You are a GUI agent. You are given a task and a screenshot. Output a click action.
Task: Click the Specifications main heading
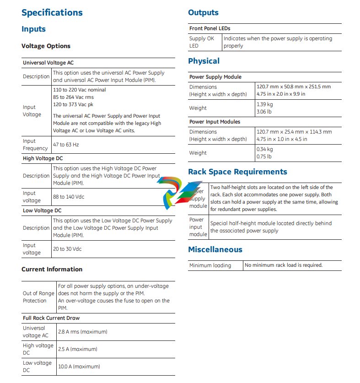pyautogui.click(x=52, y=12)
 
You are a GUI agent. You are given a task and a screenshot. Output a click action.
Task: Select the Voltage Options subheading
pyautogui.click(x=46, y=46)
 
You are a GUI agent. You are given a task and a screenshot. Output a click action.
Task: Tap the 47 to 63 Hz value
pyautogui.click(x=66, y=145)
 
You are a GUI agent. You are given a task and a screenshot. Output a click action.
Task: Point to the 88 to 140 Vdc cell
pyautogui.click(x=69, y=197)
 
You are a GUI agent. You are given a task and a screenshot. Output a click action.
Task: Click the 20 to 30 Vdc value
pyautogui.click(x=67, y=249)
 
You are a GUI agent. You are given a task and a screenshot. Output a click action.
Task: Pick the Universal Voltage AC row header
pyautogui.click(x=48, y=62)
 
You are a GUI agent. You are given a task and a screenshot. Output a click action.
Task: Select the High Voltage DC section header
pyautogui.click(x=43, y=158)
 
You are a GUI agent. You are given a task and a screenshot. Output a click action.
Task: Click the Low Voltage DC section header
pyautogui.click(x=42, y=210)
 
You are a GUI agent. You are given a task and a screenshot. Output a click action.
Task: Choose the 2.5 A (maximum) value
pyautogui.click(x=78, y=349)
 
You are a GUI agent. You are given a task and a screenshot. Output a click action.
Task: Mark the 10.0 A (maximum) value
pyautogui.click(x=79, y=367)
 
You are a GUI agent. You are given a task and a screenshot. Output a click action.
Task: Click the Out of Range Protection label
pyautogui.click(x=38, y=297)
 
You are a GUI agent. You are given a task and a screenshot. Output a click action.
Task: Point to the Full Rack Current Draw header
pyautogui.click(x=51, y=318)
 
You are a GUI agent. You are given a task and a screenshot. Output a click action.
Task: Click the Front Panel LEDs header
pyautogui.click(x=210, y=28)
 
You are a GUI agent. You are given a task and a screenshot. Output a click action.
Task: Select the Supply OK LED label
pyautogui.click(x=201, y=42)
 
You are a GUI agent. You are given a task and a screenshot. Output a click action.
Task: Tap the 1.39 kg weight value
pyautogui.click(x=265, y=105)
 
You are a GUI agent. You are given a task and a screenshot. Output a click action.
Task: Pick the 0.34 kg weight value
pyautogui.click(x=265, y=150)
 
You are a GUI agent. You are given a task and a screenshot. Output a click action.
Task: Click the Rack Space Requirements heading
pyautogui.click(x=237, y=172)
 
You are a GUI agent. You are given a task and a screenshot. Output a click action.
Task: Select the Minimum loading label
pyautogui.click(x=210, y=265)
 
